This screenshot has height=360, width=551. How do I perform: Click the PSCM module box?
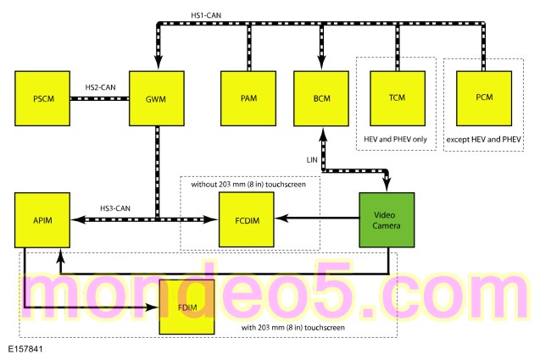tap(42, 98)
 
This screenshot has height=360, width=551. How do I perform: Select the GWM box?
tap(157, 98)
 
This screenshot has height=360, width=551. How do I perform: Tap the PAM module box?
tap(248, 98)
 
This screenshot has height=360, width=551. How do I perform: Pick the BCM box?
tap(321, 98)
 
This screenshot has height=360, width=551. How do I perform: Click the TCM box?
tap(398, 98)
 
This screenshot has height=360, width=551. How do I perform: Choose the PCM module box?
tap(484, 98)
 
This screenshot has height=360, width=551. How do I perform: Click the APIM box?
tap(42, 220)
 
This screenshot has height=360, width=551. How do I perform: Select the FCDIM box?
tap(247, 219)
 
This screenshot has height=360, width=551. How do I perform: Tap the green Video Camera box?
tap(387, 220)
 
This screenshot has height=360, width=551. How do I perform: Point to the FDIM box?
tap(187, 307)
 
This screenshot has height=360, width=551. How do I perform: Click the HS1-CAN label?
tap(206, 15)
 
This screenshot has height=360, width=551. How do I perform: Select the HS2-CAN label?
tap(101, 87)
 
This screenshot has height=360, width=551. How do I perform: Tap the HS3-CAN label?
tap(115, 208)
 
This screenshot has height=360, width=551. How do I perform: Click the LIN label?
tap(312, 160)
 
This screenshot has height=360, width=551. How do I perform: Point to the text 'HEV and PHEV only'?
tap(395, 139)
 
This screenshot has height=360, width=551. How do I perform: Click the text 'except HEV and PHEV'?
tap(483, 140)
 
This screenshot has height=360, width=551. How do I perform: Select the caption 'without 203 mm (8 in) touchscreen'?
tap(248, 185)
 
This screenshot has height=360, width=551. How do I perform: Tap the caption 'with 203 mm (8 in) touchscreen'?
tap(293, 328)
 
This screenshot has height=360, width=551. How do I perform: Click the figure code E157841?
tap(25, 349)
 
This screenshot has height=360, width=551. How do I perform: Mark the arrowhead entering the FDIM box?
tap(153, 307)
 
